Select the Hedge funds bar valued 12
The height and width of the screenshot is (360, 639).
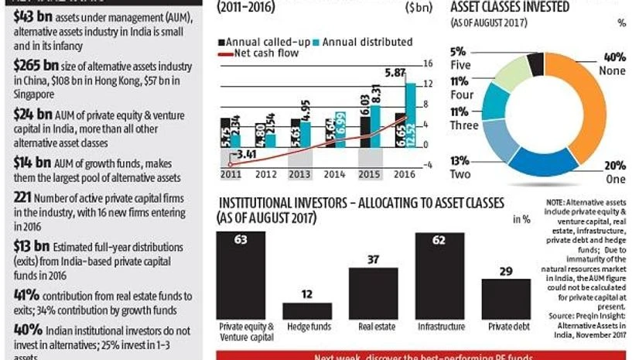tap(306, 310)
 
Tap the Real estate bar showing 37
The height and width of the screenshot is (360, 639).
tap(373, 293)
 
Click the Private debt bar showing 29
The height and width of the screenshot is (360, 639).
tap(505, 298)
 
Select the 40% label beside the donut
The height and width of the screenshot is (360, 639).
tap(615, 57)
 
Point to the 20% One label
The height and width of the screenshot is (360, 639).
tap(615, 172)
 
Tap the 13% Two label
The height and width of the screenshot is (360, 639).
tap(460, 168)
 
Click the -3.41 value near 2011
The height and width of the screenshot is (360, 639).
tap(246, 155)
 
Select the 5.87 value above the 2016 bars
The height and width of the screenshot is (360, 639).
tap(395, 72)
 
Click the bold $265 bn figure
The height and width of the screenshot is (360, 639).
tap(32, 66)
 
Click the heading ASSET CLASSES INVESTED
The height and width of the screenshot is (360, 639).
tap(510, 7)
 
